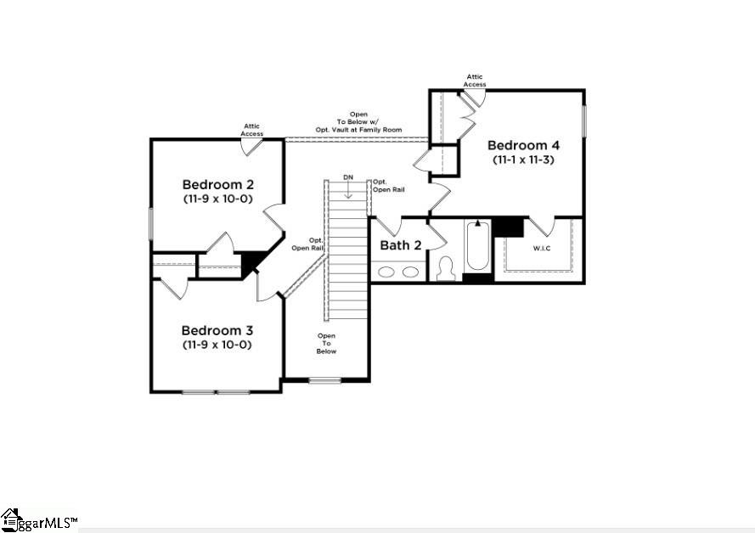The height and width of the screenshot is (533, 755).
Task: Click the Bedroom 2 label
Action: tap(218, 184)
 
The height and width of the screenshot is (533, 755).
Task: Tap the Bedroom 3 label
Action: tap(217, 330)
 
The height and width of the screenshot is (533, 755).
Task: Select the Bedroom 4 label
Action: tap(523, 145)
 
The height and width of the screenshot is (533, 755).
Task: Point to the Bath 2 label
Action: tap(401, 245)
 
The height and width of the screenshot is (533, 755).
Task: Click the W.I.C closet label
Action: tap(542, 249)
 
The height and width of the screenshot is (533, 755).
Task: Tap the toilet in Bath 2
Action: tap(445, 268)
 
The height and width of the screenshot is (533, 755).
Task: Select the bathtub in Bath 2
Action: tap(477, 245)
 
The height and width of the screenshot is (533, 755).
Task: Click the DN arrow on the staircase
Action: tap(348, 192)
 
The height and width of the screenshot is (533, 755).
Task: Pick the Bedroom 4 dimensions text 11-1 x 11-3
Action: tap(523, 160)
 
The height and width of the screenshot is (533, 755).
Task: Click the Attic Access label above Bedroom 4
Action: tap(475, 81)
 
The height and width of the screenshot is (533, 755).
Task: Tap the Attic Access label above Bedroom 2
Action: tap(252, 130)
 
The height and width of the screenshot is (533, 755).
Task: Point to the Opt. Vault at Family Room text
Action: tap(358, 130)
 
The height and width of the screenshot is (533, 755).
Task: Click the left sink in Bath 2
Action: tap(386, 272)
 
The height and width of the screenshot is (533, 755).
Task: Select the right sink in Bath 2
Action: tap(410, 272)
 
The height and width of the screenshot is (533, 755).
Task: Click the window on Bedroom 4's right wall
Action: tap(583, 121)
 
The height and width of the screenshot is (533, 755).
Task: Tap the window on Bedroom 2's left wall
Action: tap(150, 224)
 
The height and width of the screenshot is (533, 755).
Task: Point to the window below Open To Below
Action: tap(325, 380)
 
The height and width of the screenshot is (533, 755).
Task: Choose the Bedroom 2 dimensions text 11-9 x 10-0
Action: tap(218, 199)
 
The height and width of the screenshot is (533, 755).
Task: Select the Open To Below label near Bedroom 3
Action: tap(326, 344)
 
